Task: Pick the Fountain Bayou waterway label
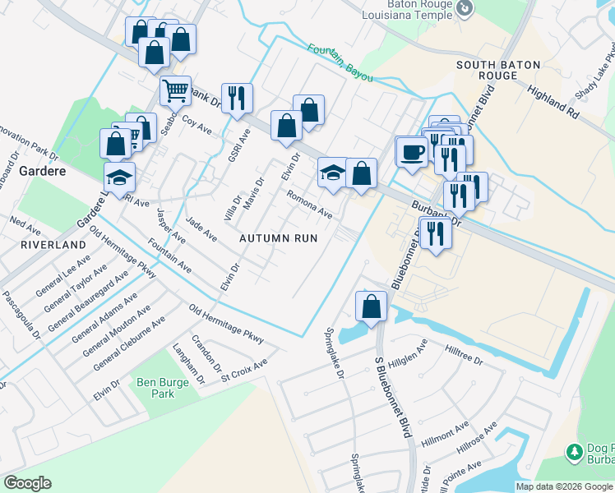pyautogui.click(x=340, y=62)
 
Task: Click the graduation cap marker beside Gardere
pyautogui.click(x=119, y=176)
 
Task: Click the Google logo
pyautogui.click(x=27, y=483)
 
